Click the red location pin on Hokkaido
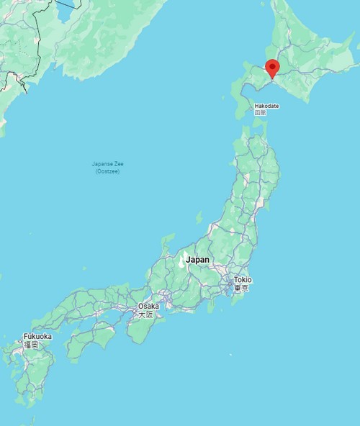click(x=272, y=68)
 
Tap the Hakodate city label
click(x=266, y=106)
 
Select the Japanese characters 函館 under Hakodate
click(x=261, y=112)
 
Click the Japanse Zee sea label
click(x=107, y=164)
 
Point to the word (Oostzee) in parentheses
click(x=107, y=171)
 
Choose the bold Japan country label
click(x=197, y=260)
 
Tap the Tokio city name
click(x=243, y=280)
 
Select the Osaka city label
click(x=148, y=307)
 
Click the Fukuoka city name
click(x=37, y=336)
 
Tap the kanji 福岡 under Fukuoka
click(x=30, y=345)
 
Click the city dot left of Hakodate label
click(x=251, y=106)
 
